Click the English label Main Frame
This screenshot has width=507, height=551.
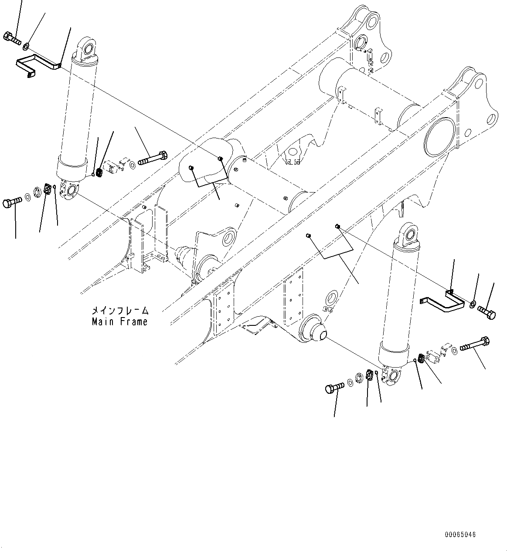(120, 321)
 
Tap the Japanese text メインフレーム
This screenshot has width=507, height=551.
(120, 311)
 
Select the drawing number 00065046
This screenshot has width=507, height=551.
(460, 534)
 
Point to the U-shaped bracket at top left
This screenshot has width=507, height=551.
(38, 65)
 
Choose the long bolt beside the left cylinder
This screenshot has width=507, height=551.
(153, 158)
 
